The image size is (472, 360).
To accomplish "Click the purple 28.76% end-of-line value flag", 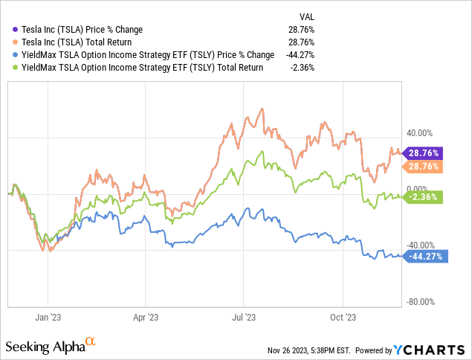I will [x=423, y=152].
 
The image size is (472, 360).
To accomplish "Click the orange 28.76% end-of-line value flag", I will [x=423, y=167].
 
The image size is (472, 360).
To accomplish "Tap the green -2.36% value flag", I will [x=424, y=197].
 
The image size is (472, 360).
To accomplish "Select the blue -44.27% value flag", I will [x=423, y=257].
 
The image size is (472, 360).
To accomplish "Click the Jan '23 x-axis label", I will [x=47, y=316].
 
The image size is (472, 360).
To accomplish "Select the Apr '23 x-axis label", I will [x=146, y=316].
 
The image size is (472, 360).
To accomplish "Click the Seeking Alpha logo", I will [x=51, y=346].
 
